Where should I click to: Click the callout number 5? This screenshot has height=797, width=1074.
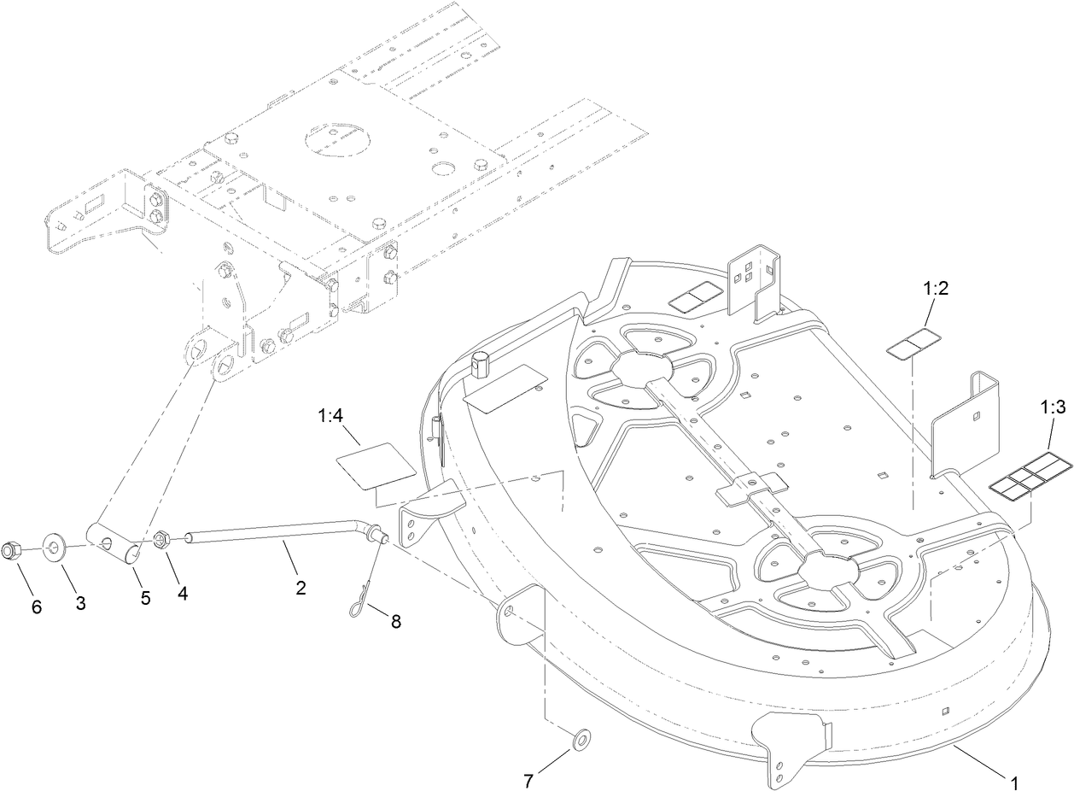click(145, 598)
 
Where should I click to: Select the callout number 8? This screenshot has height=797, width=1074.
click(395, 621)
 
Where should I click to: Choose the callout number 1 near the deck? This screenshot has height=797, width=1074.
click(1014, 781)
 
